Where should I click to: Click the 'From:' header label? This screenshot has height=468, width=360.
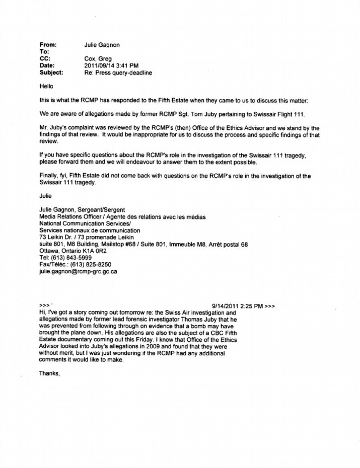click(47, 45)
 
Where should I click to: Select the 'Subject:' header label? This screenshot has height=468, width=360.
click(51, 72)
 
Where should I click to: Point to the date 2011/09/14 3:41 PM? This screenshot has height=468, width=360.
click(112, 65)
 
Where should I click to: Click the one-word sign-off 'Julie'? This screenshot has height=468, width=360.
click(46, 196)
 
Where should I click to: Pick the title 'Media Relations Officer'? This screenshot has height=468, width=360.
click(70, 217)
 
